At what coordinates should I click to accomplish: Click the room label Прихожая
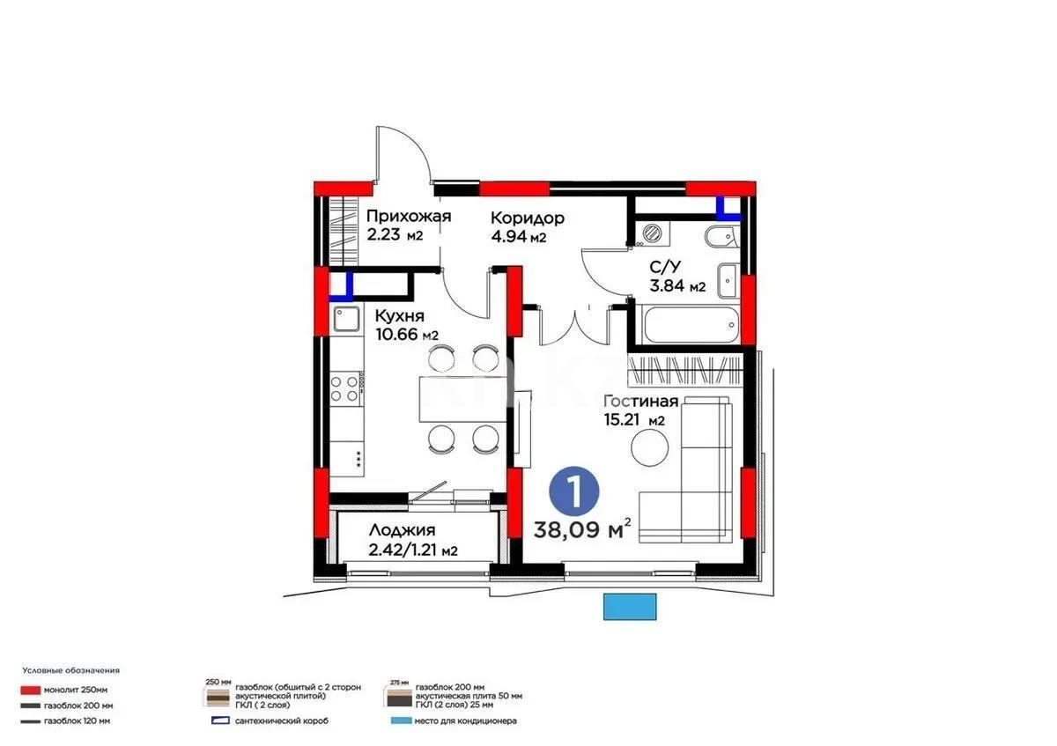pos(409,217)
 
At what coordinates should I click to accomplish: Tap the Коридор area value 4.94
pos(509,237)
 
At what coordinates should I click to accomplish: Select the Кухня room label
pos(399,315)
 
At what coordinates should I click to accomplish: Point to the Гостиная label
pos(634,402)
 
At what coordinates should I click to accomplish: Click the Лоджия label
pos(401,530)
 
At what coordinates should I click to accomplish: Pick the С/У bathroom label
pos(664,267)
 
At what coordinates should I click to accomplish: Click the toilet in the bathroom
pos(720,236)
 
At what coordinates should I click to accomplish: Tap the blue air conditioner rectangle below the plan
pos(631,606)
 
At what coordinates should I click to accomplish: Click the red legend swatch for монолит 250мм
pos(33,690)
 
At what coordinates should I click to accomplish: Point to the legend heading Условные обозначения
pos(70,670)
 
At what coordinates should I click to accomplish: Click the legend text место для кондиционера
pos(468,721)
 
